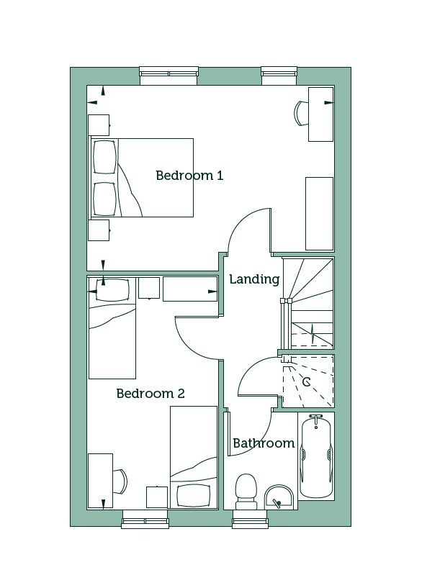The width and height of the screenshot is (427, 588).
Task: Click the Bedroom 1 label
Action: tap(189, 176)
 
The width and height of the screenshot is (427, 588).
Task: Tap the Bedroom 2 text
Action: tap(150, 394)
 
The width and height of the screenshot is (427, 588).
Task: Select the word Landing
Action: tap(254, 280)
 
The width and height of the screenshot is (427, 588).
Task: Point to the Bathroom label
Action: tap(264, 443)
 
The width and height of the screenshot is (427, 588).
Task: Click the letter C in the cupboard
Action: tap(307, 381)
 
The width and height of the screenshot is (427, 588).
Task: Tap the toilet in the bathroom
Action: tap(246, 492)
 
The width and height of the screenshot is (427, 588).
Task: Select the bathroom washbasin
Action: tap(279, 497)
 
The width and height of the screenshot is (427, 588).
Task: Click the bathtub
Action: tap(316, 456)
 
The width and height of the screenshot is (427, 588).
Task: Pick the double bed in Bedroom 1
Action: tap(142, 178)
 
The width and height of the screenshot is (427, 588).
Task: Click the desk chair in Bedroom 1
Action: tap(300, 113)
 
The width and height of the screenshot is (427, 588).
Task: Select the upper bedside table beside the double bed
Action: tap(99, 125)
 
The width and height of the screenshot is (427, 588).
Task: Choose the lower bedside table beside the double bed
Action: tap(99, 230)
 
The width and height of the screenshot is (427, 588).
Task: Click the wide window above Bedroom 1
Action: tap(168, 76)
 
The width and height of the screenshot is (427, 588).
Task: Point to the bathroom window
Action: tap(251, 520)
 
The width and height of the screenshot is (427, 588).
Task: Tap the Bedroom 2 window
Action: tap(145, 520)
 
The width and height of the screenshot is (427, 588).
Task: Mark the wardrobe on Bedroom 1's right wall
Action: tap(319, 214)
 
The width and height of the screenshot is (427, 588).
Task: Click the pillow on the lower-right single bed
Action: tap(193, 496)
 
